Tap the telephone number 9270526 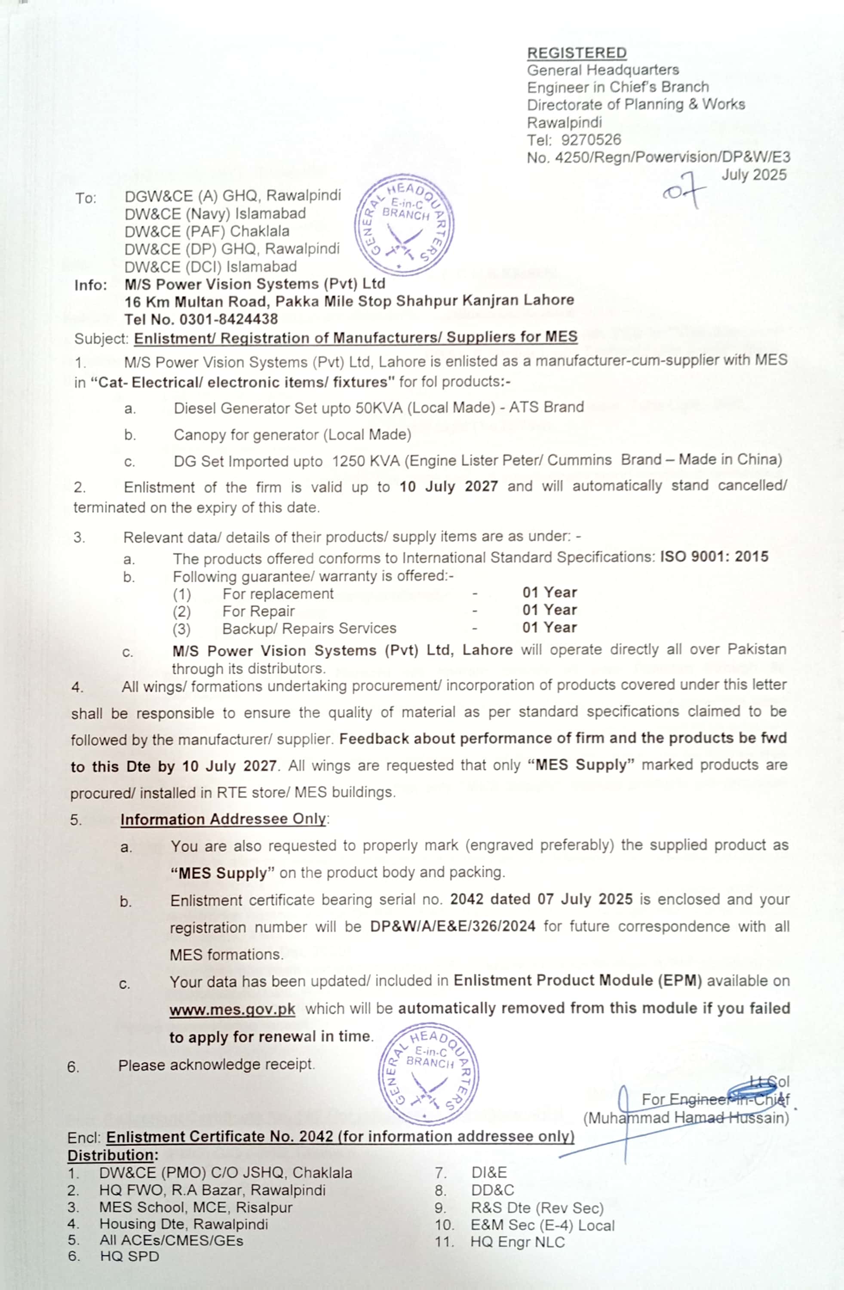590,140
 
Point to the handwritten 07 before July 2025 684,190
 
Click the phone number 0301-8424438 228,319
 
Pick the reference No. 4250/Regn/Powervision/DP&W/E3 658,157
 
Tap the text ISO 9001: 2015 713,557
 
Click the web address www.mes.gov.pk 232,1009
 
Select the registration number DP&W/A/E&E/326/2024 453,926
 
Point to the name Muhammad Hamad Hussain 686,1118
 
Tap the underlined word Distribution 111,1155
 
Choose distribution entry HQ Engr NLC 517,1242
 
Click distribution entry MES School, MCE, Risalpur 196,1207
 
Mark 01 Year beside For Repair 549,610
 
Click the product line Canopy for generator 292,435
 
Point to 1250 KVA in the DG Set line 366,461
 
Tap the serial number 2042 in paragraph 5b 466,899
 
